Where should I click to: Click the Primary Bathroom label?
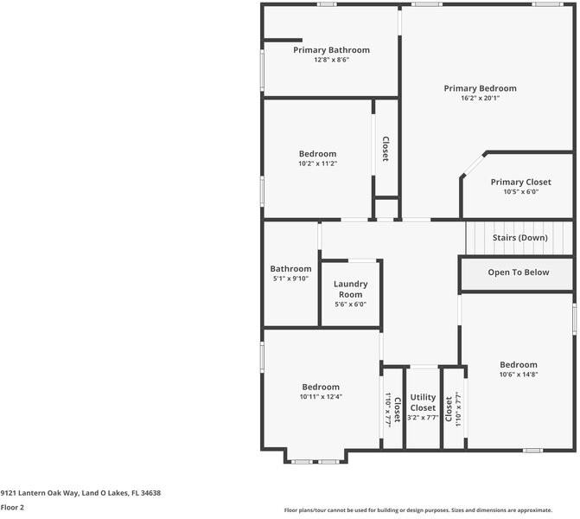pos(331,50)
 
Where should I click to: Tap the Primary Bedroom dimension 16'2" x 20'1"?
pos(480,99)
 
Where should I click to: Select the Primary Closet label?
pos(520,183)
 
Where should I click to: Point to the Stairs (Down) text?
pos(519,238)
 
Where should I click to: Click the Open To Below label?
pos(518,272)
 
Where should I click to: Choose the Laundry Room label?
pos(350,289)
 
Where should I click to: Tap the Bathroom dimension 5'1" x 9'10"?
pos(290,279)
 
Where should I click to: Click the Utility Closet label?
pos(423,402)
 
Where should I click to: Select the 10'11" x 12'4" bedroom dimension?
pos(320,397)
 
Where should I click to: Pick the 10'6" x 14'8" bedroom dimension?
pos(518,375)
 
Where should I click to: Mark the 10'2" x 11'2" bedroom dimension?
pos(317,163)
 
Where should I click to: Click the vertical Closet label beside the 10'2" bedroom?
pos(386,149)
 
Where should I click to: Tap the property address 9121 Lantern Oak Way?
pos(80,493)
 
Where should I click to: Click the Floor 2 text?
pos(12,508)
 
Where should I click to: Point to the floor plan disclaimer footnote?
pos(429,510)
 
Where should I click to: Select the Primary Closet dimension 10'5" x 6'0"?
pos(520,192)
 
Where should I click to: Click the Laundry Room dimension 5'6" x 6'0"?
pos(350,304)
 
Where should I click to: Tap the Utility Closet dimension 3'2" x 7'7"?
pos(423,418)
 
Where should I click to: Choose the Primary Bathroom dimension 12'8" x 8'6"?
pos(331,61)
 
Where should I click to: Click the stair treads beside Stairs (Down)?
pos(477,238)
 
